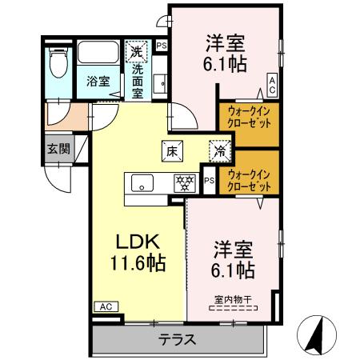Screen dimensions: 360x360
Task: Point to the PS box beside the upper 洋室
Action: pyautogui.click(x=162, y=46)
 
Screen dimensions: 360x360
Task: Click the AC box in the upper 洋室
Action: pyautogui.click(x=272, y=82)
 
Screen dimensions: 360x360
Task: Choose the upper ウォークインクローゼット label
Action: pyautogui.click(x=248, y=118)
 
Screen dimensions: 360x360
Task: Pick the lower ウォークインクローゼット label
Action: pyautogui.click(x=248, y=179)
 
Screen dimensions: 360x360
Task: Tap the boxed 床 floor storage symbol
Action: pyautogui.click(x=172, y=149)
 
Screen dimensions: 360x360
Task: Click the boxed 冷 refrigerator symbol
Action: pyautogui.click(x=219, y=149)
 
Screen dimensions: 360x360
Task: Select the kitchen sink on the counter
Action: pyautogui.click(x=142, y=182)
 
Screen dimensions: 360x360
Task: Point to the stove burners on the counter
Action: pyautogui.click(x=185, y=182)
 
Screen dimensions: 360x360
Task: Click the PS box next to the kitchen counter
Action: pyautogui.click(x=208, y=181)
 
